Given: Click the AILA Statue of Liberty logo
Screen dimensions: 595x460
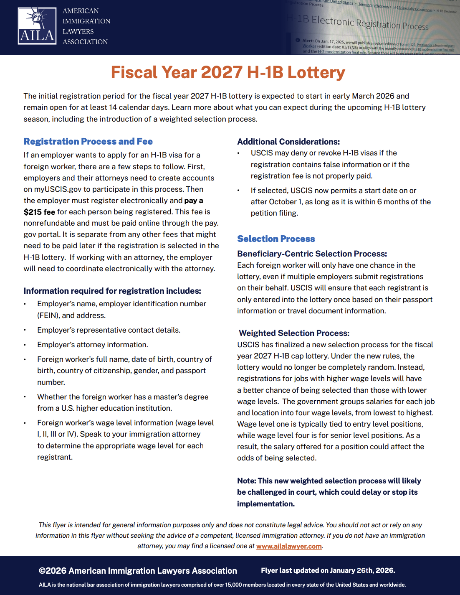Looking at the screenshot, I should (37, 26).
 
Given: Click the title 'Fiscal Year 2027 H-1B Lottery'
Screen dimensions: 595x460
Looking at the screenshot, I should (228, 73).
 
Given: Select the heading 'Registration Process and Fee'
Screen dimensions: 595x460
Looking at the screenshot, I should (88, 142).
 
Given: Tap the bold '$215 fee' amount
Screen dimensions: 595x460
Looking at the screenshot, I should (39, 212).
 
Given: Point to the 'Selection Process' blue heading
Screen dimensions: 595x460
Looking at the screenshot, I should (276, 239).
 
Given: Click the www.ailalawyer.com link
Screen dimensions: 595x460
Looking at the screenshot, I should (289, 546).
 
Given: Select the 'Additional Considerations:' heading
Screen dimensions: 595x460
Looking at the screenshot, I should (288, 142).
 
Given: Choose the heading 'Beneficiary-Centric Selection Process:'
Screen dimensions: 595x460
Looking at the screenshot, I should (312, 254).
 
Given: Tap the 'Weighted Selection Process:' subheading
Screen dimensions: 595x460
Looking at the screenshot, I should (294, 333).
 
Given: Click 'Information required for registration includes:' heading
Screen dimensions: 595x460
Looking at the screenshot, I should (112, 291).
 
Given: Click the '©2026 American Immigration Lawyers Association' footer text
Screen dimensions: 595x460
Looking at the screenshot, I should (138, 571).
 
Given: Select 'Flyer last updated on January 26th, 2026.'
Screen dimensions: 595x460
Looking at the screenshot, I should (328, 570).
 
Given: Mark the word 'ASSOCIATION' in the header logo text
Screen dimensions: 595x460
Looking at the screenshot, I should (85, 42).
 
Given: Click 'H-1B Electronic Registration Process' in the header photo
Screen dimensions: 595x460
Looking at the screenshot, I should (358, 23).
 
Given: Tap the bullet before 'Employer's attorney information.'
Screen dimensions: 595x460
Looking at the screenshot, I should (25, 345).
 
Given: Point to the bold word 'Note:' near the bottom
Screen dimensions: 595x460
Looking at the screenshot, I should (246, 481).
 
